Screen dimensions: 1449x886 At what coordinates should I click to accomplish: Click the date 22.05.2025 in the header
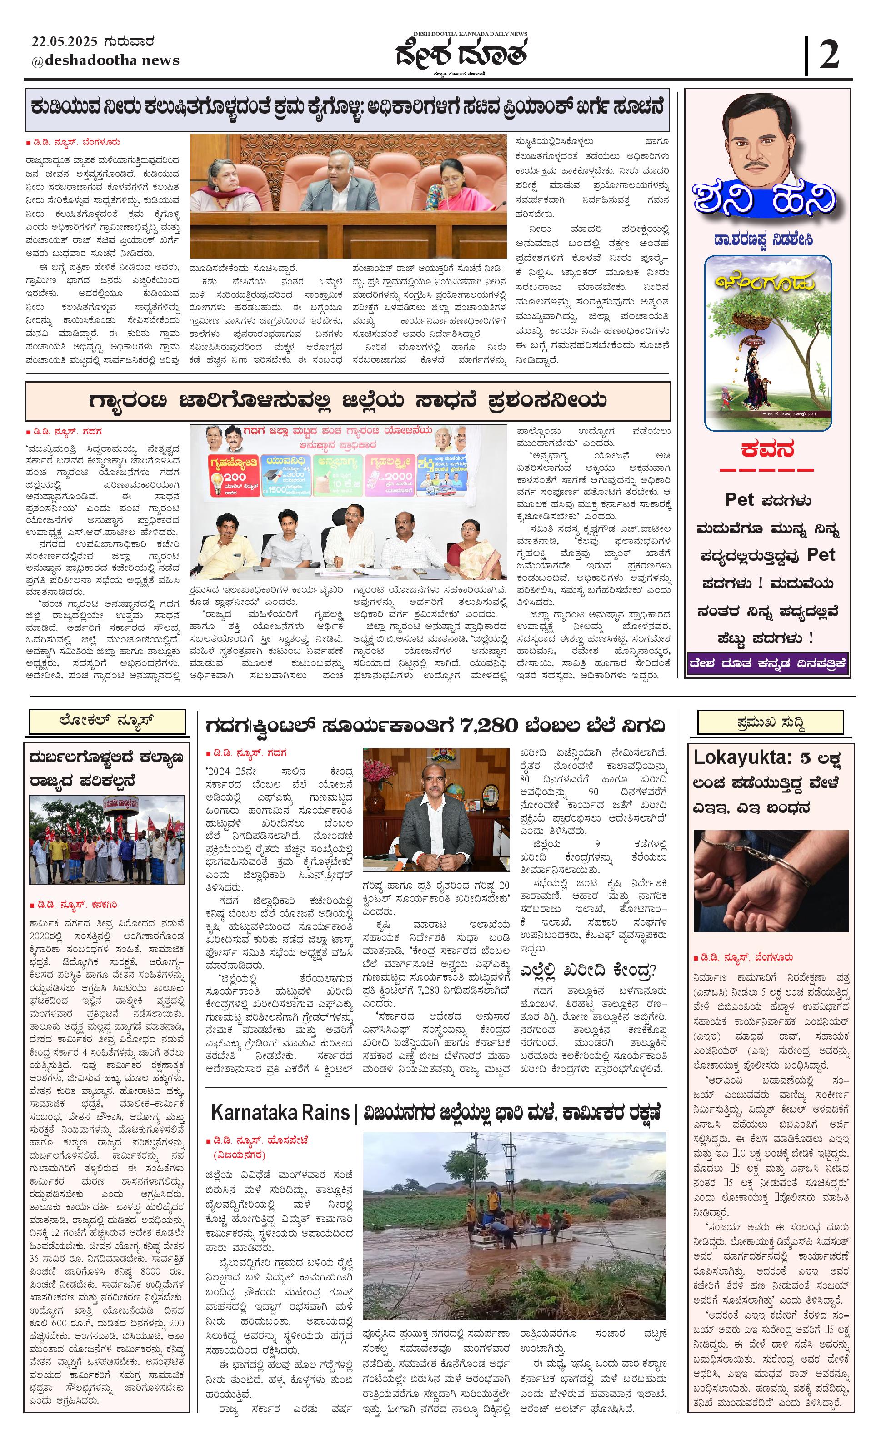[x=65, y=42]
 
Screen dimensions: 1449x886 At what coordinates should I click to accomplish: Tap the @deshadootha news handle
[x=105, y=60]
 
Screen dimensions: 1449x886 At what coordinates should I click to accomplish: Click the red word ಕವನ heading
[x=767, y=450]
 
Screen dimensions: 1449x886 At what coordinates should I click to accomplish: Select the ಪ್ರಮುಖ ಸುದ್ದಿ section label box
[x=770, y=722]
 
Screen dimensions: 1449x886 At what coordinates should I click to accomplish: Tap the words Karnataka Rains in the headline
[x=280, y=1113]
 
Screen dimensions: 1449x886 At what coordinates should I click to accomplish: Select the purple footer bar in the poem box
[x=768, y=664]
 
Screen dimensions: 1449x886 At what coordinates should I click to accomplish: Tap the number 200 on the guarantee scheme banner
[x=234, y=477]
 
